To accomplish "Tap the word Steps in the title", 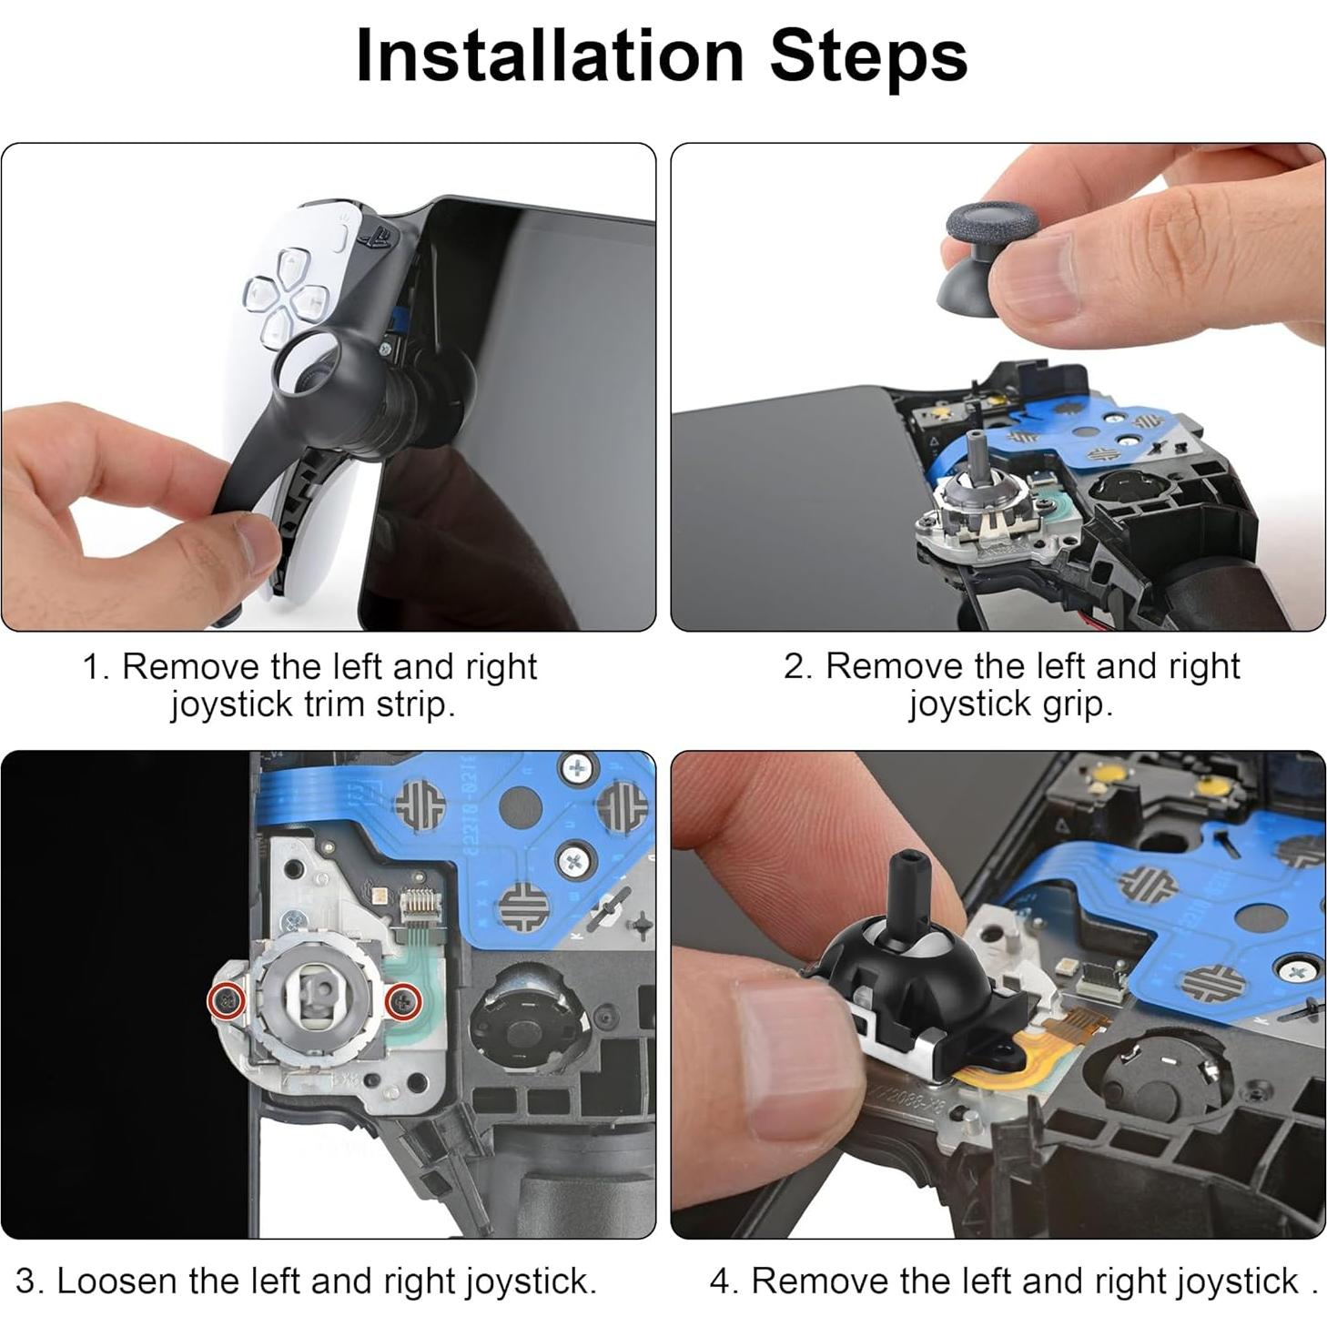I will [868, 56].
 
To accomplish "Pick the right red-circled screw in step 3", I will [402, 1002].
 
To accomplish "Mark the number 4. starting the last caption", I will [724, 1281].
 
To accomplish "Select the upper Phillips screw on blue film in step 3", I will [578, 769].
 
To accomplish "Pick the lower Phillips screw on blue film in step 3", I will [573, 858].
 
